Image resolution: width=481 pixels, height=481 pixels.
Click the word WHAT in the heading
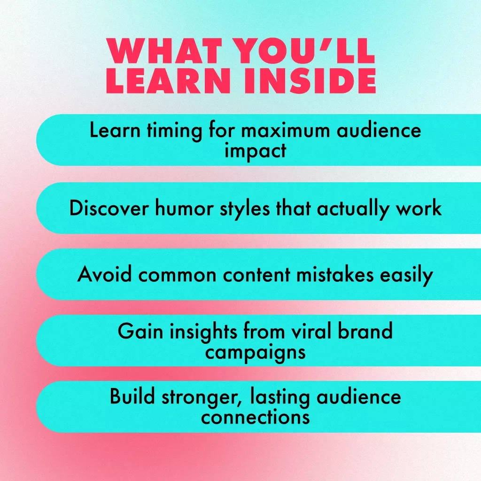(x=164, y=51)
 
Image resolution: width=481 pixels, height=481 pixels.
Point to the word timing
(x=174, y=132)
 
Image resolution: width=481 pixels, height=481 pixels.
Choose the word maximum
(x=286, y=132)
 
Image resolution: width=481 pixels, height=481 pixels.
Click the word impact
(x=255, y=151)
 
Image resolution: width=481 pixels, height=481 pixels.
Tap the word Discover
(x=109, y=208)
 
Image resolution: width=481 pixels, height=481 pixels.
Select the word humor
(x=184, y=208)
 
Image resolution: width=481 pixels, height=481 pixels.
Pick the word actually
(x=352, y=209)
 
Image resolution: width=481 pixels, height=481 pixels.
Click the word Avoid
(x=105, y=274)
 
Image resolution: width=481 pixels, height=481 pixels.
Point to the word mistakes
(x=334, y=274)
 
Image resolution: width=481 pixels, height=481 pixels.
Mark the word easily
(x=406, y=275)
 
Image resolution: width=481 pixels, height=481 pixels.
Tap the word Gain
(x=140, y=331)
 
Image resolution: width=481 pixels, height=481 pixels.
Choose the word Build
(x=132, y=396)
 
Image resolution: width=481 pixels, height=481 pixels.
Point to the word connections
(x=255, y=417)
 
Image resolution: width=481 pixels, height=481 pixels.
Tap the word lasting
(x=279, y=397)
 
